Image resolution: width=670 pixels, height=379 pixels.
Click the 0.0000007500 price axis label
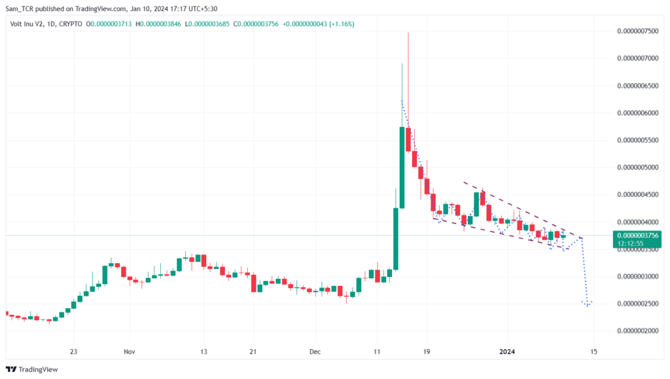coord(637,31)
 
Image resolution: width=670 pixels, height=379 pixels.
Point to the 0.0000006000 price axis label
coord(637,113)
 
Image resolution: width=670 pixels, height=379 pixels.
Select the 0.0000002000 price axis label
coord(637,331)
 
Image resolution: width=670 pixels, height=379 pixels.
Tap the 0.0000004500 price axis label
coord(637,195)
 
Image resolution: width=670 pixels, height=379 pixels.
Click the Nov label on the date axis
coord(129,352)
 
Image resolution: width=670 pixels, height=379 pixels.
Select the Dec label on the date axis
coord(315,352)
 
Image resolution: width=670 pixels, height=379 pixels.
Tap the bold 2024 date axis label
coord(507,352)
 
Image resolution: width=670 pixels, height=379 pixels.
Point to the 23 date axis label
coord(73,352)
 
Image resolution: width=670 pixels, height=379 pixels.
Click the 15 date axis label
coord(593,352)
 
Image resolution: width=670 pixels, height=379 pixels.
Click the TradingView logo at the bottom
coord(32,370)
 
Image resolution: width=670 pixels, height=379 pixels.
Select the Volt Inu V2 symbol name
coord(26,24)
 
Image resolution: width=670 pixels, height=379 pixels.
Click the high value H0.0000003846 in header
coord(158,24)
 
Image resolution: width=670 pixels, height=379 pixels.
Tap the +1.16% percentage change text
coord(342,24)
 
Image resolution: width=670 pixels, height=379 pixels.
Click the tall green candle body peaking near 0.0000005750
coord(402,168)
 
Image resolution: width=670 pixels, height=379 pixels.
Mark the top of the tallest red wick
coord(408,33)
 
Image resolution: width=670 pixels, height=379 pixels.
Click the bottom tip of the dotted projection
coord(588,306)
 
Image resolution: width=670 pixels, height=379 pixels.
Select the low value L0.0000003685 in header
coord(207,24)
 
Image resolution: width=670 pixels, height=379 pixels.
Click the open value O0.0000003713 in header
coord(109,24)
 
